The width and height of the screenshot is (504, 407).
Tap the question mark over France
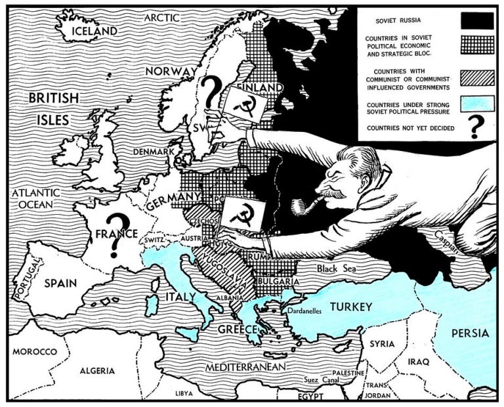(x=117, y=234)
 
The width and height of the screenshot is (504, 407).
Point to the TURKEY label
(x=350, y=307)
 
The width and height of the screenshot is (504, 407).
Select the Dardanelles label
(x=302, y=311)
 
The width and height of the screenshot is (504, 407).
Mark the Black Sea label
(x=335, y=268)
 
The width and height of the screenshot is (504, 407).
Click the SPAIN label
(x=61, y=284)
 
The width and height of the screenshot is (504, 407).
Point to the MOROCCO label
(x=34, y=352)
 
